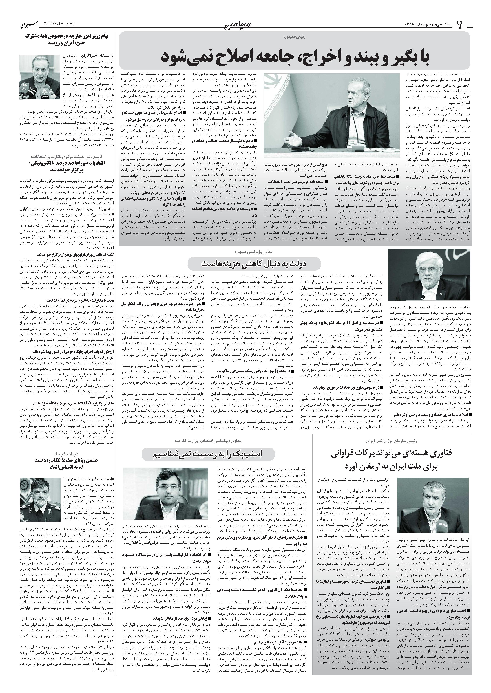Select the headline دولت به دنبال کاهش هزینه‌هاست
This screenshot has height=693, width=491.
[x=254, y=263]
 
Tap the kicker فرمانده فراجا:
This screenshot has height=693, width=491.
[x=66, y=454]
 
